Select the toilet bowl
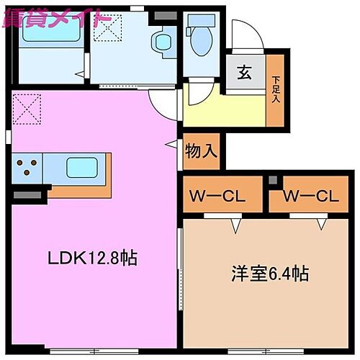click(x=196, y=33)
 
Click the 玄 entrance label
click(x=243, y=73)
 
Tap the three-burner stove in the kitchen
click(x=27, y=168)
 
